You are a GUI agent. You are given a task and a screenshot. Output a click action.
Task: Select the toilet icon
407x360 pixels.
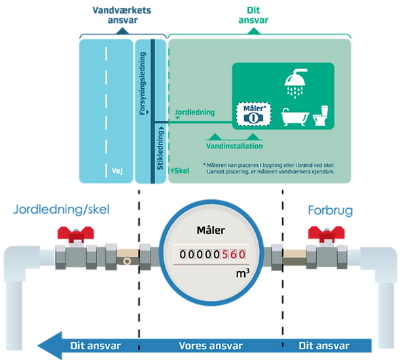(321, 117)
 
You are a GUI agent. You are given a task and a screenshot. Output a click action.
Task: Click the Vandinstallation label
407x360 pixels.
(234, 145)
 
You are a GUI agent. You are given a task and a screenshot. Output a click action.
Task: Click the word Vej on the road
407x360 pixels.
(116, 171)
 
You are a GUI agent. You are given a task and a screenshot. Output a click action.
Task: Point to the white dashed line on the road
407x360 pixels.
(106, 102)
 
